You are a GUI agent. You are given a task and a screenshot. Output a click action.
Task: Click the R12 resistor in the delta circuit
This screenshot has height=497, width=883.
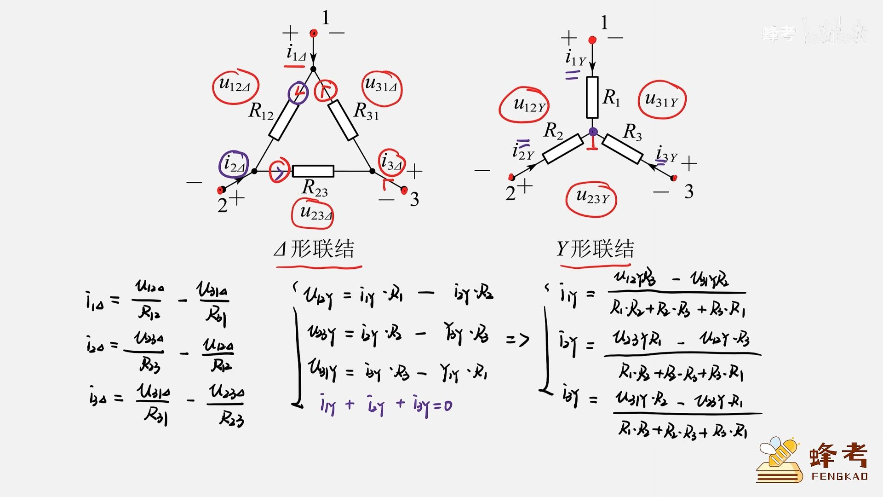click(283, 120)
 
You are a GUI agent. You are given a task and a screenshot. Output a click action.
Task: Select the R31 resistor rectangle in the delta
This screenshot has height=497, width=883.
click(343, 119)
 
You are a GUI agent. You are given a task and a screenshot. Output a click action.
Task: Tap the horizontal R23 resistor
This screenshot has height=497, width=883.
click(313, 171)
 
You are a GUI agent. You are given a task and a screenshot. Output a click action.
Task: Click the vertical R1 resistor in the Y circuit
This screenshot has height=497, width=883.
click(592, 97)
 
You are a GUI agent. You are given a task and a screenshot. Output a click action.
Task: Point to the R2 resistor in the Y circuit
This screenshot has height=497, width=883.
click(563, 149)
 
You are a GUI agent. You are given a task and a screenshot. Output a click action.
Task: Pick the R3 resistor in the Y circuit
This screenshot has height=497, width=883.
click(622, 149)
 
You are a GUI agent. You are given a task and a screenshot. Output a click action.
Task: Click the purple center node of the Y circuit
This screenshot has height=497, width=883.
click(593, 132)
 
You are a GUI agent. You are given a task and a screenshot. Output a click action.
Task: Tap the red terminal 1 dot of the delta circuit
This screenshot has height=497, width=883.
click(314, 33)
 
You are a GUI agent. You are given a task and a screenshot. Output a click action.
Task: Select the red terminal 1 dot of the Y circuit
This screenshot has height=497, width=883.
click(592, 40)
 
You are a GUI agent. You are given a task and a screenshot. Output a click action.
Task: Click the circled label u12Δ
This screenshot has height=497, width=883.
click(235, 87)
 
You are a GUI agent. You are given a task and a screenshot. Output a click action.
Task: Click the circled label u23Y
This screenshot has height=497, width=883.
click(591, 199)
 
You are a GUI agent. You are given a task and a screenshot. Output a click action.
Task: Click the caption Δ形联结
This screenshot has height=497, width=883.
click(315, 249)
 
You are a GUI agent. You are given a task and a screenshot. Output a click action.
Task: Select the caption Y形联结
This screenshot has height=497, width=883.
click(595, 249)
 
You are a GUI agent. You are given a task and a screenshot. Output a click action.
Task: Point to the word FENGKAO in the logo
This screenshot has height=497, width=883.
click(840, 476)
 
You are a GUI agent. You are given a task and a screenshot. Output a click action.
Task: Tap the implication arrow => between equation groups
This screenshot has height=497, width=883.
click(518, 340)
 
